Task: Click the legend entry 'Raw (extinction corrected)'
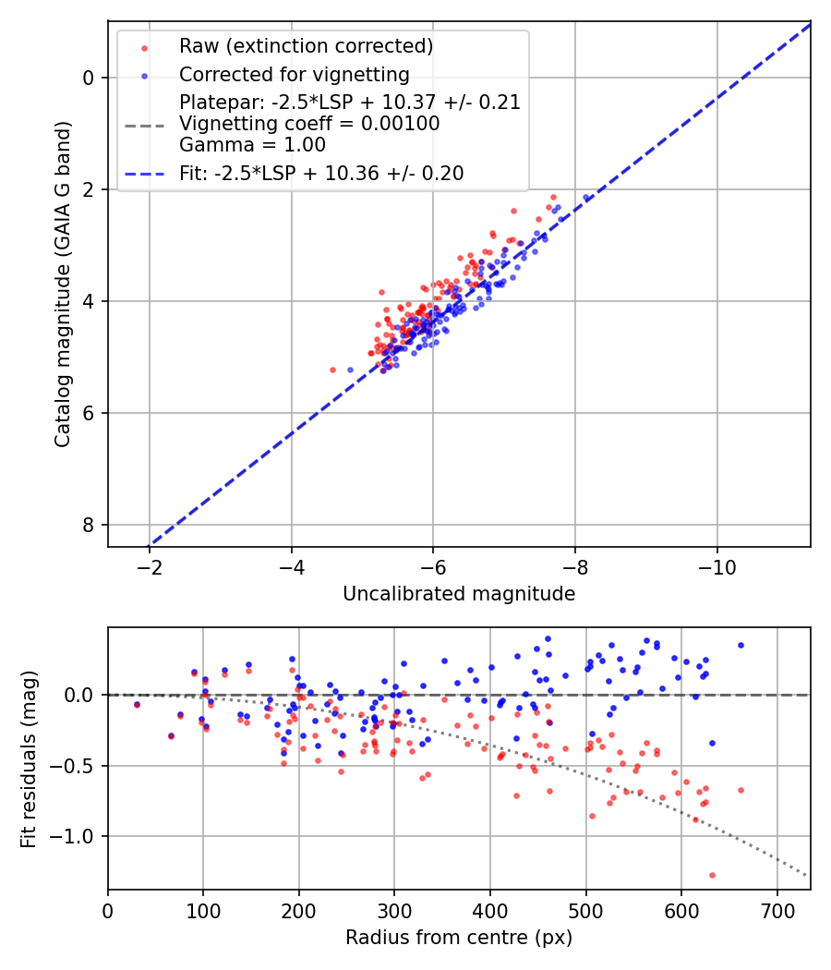click(x=306, y=46)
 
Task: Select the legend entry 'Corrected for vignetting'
click(x=295, y=74)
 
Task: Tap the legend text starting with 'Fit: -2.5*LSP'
click(x=321, y=173)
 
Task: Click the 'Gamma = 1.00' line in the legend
click(x=252, y=144)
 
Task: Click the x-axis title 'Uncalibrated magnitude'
click(x=459, y=594)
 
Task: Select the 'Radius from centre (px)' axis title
click(x=459, y=938)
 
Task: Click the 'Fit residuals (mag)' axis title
click(x=30, y=758)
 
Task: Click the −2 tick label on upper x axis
click(x=150, y=566)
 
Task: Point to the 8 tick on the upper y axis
click(x=89, y=525)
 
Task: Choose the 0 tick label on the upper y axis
click(x=89, y=78)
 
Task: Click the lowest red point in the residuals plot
click(x=712, y=875)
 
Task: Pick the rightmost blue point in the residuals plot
click(x=741, y=645)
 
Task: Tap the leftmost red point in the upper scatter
click(x=332, y=370)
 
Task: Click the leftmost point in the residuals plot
click(x=137, y=704)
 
